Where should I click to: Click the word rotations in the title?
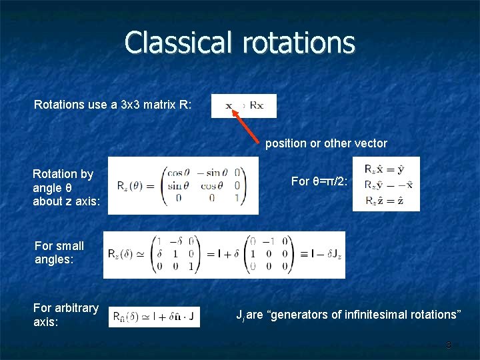coord(299,43)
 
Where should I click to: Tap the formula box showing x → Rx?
coord(243,106)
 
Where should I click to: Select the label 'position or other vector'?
coord(326,143)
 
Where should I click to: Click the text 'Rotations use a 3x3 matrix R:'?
coord(113,105)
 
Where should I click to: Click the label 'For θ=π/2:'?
coord(319,181)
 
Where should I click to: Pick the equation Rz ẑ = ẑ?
coord(386,199)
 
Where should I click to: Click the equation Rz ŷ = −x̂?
coord(386,184)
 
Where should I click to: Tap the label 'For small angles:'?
coord(59,253)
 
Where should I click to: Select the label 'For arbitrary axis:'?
coord(66,315)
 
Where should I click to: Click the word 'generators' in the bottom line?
coord(295,315)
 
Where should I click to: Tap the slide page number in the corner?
coord(449,345)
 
